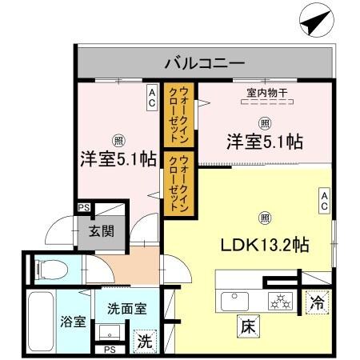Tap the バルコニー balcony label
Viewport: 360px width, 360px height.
205,62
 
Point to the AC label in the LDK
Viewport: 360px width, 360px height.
324,201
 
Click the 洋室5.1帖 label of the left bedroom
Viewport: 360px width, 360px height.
117,158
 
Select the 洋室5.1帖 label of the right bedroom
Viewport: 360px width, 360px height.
263,142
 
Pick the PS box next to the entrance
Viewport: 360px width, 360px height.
82,208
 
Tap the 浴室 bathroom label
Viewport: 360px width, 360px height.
73,322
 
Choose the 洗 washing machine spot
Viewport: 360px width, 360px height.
145,338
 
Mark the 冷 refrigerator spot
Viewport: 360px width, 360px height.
318,304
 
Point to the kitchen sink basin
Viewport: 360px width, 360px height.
237,302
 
